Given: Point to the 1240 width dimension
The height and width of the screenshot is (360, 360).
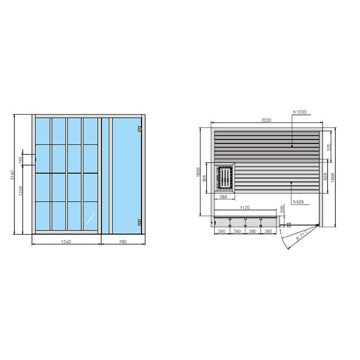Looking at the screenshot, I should [66, 241].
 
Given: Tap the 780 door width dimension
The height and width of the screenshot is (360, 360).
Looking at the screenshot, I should [122, 241].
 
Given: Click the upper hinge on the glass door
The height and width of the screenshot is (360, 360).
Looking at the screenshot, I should [139, 130].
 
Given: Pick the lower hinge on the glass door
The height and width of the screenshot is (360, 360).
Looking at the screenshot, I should [139, 222].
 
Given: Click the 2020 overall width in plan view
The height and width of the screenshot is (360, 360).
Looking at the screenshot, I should [266, 120].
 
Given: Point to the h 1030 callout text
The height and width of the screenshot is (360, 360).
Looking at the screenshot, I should [300, 112].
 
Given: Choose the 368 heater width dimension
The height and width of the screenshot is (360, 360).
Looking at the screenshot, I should [224, 196].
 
